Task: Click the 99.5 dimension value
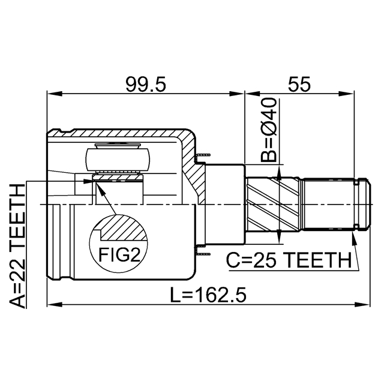[146, 85]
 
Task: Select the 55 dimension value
[298, 85]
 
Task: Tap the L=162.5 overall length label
[207, 295]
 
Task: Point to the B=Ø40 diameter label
[269, 131]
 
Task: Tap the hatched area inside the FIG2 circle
[122, 229]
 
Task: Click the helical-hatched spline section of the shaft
[274, 204]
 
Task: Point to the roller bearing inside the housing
[118, 160]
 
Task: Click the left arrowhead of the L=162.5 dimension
[52, 304]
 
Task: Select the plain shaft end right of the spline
[333, 204]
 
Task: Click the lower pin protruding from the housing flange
[202, 253]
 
